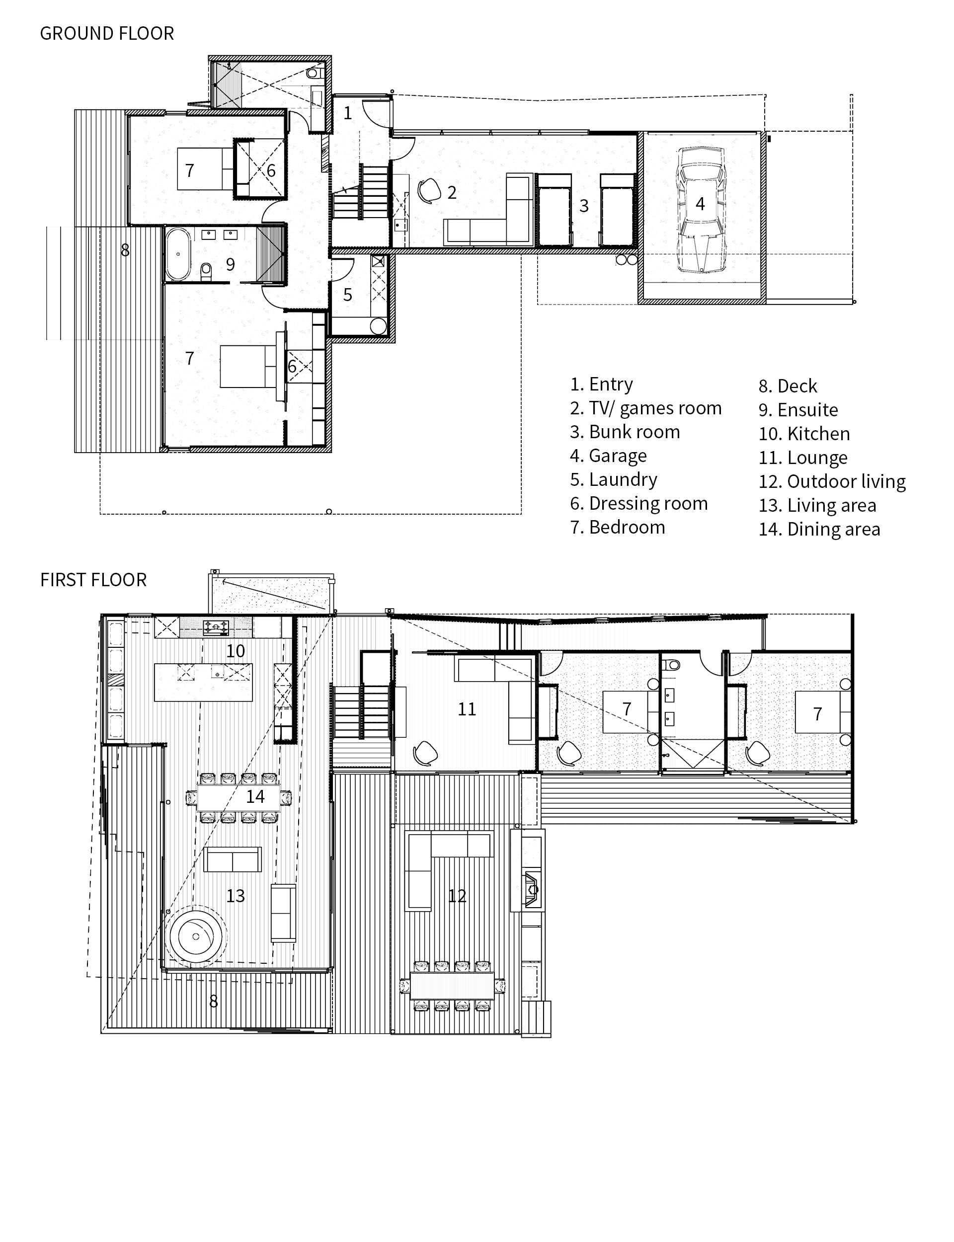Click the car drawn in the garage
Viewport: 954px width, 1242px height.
pyautogui.click(x=700, y=209)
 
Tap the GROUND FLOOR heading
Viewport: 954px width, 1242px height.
pyautogui.click(x=107, y=33)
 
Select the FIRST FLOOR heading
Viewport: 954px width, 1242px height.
pyautogui.click(x=93, y=580)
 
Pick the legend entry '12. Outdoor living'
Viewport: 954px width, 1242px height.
pyautogui.click(x=832, y=481)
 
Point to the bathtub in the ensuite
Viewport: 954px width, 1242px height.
pyautogui.click(x=178, y=254)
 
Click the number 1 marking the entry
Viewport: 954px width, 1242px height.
pyautogui.click(x=347, y=113)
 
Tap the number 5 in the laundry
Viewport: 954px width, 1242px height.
pyautogui.click(x=347, y=295)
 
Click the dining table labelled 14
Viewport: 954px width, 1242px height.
pyautogui.click(x=238, y=797)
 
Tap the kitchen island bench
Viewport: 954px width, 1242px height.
pyautogui.click(x=203, y=682)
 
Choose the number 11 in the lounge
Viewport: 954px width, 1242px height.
pyautogui.click(x=467, y=708)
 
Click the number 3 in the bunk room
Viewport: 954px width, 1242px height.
pyautogui.click(x=584, y=206)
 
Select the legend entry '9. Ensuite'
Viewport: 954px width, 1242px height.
pyautogui.click(x=798, y=410)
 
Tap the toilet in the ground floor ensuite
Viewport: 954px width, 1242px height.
pyautogui.click(x=206, y=271)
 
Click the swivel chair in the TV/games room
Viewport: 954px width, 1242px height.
pyautogui.click(x=429, y=190)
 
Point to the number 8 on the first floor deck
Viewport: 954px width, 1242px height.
pyautogui.click(x=214, y=1002)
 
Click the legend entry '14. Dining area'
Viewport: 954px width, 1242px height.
pyautogui.click(x=819, y=529)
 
